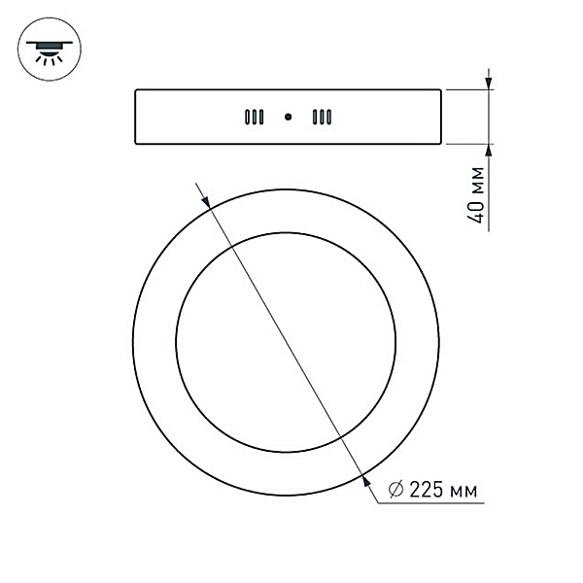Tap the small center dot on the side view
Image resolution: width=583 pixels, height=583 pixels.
tap(288, 118)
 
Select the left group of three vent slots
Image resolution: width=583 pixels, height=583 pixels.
tap(254, 118)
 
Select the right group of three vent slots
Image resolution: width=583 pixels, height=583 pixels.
tap(322, 118)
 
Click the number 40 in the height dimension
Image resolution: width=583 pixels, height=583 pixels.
tap(476, 213)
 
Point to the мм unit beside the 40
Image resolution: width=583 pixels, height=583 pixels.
tap(476, 182)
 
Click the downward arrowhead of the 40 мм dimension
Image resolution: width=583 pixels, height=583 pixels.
tap(489, 83)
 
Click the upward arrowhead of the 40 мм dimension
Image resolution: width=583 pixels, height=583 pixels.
tap(489, 151)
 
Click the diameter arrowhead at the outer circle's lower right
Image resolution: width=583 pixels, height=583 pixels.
tap(365, 475)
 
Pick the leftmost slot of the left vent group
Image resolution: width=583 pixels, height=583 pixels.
tap(247, 118)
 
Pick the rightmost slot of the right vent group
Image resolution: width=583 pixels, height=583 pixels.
tap(329, 118)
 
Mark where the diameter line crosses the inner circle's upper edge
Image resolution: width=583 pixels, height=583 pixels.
tap(234, 247)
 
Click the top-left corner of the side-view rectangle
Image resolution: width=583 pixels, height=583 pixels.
tap(135, 89)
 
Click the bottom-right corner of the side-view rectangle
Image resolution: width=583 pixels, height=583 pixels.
tap(442, 146)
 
